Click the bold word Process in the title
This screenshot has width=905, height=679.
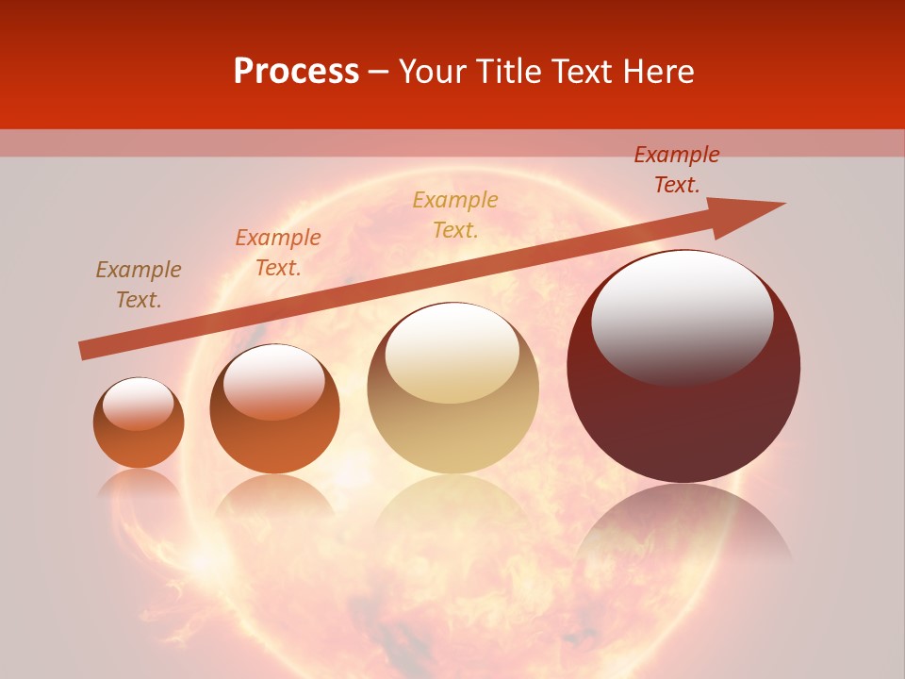[x=296, y=72]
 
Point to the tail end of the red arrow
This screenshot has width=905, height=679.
[x=83, y=351]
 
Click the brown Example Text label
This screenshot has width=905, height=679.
[x=139, y=285]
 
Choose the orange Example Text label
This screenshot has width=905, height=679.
[x=278, y=253]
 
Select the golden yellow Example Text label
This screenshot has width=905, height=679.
[x=455, y=214]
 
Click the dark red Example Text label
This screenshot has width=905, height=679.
[x=677, y=170]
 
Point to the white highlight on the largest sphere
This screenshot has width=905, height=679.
[x=682, y=316]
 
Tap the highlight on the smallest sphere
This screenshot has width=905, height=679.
[x=138, y=404]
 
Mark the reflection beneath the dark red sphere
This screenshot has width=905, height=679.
[x=683, y=523]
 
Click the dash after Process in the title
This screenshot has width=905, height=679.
[x=379, y=72]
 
